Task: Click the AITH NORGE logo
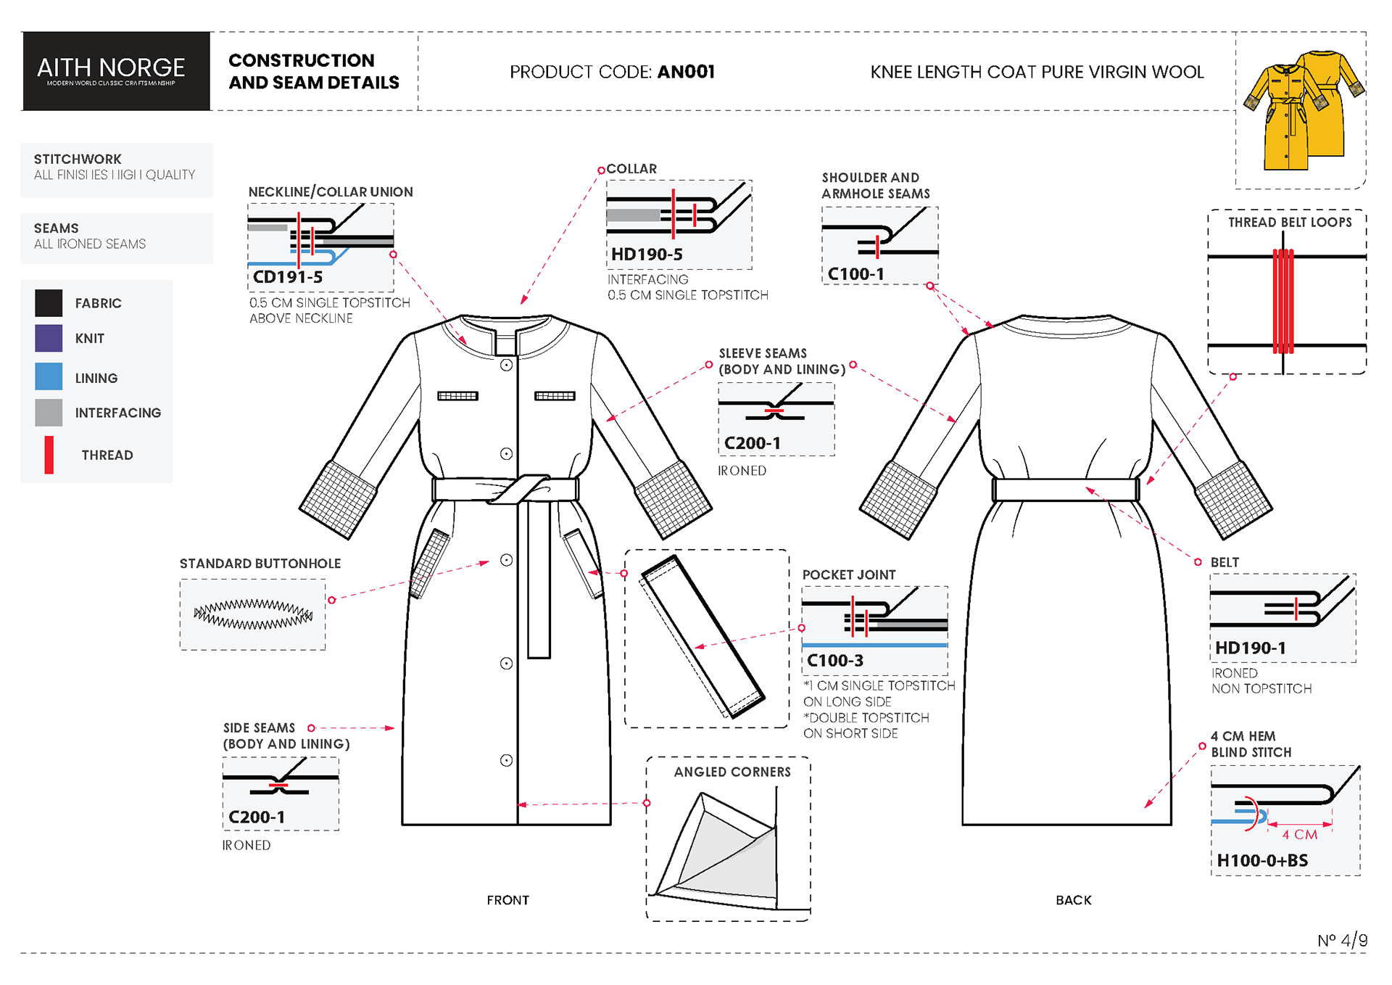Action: [x=112, y=70]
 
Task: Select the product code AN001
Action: [x=685, y=72]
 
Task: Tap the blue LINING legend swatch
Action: [x=49, y=376]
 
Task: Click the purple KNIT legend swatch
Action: [x=49, y=338]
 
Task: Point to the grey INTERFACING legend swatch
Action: [x=49, y=412]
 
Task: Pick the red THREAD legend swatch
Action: [x=49, y=455]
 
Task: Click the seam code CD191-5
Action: [x=288, y=277]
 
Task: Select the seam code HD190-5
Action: [x=647, y=255]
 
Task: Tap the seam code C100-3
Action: [x=835, y=661]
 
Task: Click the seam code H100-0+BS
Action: [x=1262, y=861]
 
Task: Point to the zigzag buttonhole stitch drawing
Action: [x=253, y=614]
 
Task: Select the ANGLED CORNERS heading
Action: [x=732, y=772]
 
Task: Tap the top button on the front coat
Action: [x=507, y=365]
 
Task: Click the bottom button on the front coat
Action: [x=507, y=760]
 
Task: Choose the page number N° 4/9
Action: [x=1342, y=940]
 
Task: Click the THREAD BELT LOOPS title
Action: [x=1290, y=223]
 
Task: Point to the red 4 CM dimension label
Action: [x=1300, y=835]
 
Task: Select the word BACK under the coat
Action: [x=1074, y=900]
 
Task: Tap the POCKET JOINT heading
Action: [x=849, y=574]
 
